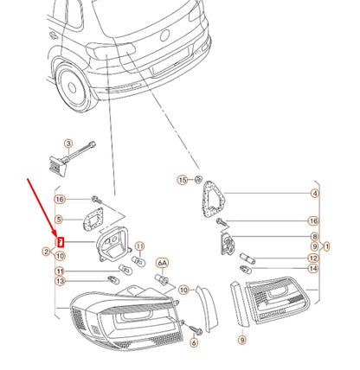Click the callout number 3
68,144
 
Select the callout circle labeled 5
59,220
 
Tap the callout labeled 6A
163,263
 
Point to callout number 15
182,180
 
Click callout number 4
315,194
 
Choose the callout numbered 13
60,281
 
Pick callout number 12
313,258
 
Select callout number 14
313,269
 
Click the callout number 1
326,246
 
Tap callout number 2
46,252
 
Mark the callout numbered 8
314,237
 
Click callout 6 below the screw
194,342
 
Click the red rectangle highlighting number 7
61,242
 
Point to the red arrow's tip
57,237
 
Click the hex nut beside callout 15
198,180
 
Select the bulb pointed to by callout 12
247,258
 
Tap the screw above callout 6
196,330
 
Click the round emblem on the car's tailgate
164,35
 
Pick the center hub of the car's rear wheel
72,87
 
